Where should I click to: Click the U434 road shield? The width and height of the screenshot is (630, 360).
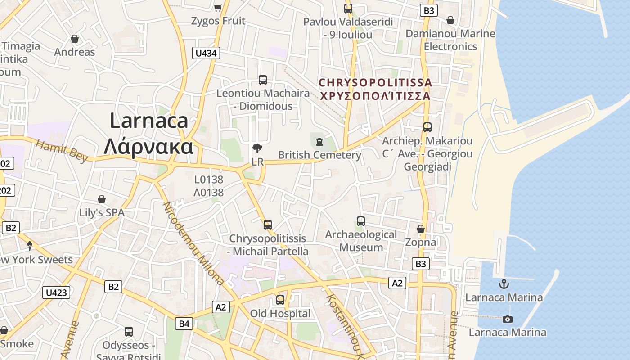click(x=207, y=53)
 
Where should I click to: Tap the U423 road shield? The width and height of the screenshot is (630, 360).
click(x=57, y=292)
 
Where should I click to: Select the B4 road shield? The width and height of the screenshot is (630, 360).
click(x=184, y=323)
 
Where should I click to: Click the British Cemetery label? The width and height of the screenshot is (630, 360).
click(x=319, y=155)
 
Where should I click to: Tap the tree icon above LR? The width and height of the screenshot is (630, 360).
click(x=257, y=148)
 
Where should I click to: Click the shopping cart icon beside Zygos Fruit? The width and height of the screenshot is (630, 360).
click(x=218, y=8)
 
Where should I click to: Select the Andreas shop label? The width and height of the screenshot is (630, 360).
click(x=75, y=52)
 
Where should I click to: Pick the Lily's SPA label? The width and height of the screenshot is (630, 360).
click(x=102, y=213)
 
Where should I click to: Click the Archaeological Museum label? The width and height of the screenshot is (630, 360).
click(x=361, y=241)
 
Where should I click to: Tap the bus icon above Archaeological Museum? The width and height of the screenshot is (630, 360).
click(x=361, y=221)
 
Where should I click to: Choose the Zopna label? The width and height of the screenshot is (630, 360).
click(x=421, y=243)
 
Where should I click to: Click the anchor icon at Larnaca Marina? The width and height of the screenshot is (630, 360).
click(x=504, y=284)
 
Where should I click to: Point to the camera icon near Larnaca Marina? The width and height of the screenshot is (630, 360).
click(x=508, y=319)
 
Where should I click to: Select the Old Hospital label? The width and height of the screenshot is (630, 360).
click(x=280, y=314)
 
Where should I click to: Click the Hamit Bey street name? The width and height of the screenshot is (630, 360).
click(x=62, y=151)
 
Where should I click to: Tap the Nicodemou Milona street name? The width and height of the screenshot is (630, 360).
click(x=193, y=243)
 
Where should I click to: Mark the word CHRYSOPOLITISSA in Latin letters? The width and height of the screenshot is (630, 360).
click(x=375, y=83)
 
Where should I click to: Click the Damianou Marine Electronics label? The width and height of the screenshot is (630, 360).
click(x=450, y=40)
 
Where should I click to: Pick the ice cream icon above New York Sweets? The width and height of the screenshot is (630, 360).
click(x=30, y=246)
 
